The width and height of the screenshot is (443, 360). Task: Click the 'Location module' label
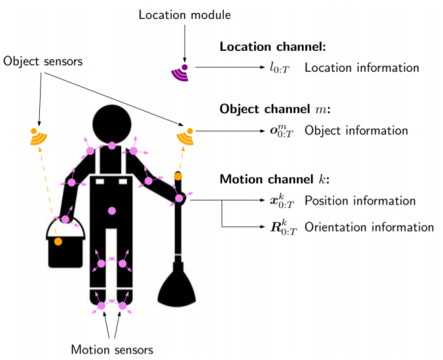(x=185, y=15)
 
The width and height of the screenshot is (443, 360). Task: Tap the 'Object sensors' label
(x=43, y=61)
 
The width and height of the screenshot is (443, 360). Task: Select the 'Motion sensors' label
(x=112, y=350)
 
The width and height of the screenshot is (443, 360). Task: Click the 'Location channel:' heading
(x=273, y=47)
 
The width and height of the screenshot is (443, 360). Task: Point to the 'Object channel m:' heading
(x=275, y=109)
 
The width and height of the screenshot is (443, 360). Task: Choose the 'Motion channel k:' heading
(x=275, y=179)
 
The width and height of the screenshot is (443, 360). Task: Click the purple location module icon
(x=181, y=73)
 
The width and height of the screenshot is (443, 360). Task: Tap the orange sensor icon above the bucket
(x=39, y=137)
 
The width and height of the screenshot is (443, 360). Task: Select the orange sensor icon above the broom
(x=185, y=137)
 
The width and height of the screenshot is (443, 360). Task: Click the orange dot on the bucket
(x=58, y=242)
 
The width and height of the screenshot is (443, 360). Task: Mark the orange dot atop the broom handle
(x=178, y=177)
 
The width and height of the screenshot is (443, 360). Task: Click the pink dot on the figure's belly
(x=112, y=211)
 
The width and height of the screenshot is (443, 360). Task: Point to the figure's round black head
(x=112, y=124)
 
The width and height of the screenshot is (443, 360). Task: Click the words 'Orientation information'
(x=369, y=227)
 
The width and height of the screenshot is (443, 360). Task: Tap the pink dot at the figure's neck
(x=112, y=145)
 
